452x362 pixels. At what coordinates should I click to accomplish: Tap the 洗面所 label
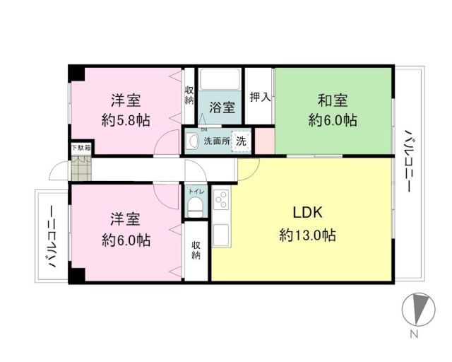(x=217, y=141)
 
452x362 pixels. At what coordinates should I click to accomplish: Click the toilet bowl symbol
(x=195, y=206)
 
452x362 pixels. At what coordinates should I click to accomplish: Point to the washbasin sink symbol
(x=191, y=141)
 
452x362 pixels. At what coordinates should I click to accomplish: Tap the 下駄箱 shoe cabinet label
(x=79, y=149)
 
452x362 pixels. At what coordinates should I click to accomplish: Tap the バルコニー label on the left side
(x=52, y=238)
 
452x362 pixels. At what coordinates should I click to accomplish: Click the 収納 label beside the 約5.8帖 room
(x=190, y=95)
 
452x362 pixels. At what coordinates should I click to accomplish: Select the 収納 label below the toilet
(x=196, y=250)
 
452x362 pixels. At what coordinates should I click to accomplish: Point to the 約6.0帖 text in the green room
(x=332, y=120)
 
